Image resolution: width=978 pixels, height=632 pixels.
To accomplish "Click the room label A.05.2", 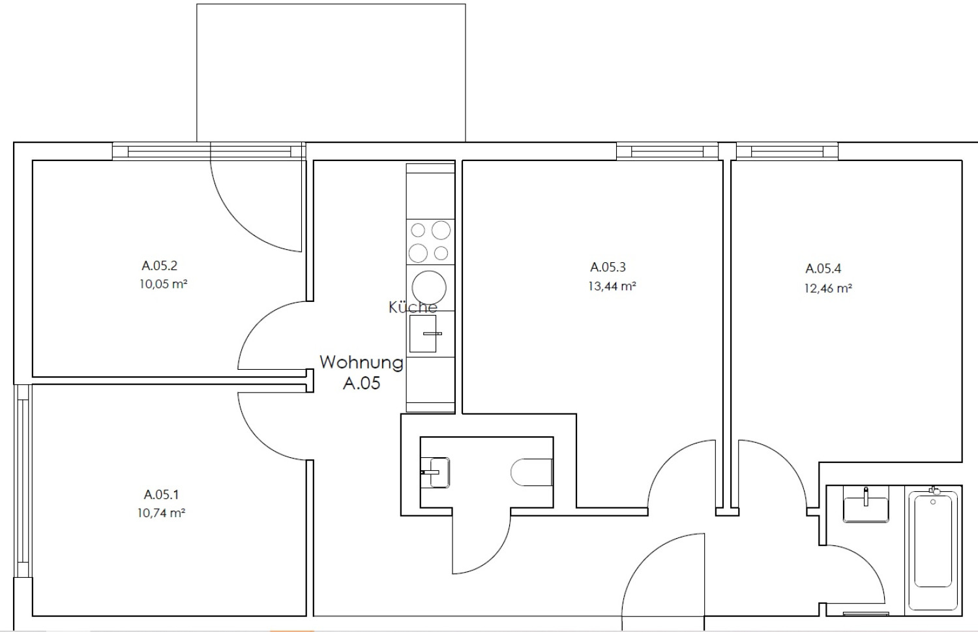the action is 159,265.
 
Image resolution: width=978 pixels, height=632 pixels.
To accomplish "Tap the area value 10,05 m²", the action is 163,284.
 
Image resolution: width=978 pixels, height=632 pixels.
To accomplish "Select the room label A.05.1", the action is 161,494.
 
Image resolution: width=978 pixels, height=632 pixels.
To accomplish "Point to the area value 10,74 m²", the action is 161,513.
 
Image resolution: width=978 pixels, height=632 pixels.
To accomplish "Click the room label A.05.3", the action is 608,267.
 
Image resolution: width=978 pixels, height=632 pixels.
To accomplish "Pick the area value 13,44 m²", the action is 612,286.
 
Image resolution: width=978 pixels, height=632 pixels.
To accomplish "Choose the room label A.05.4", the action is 823,269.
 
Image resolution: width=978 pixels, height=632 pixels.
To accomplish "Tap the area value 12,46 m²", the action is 828,288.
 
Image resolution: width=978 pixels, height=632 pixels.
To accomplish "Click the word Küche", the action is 413,307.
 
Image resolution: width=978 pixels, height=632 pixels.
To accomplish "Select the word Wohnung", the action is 361,362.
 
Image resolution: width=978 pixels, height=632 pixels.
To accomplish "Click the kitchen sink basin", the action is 422,334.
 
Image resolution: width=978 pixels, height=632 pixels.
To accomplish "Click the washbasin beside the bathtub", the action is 866,507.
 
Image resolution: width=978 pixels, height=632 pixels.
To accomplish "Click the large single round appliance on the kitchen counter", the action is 429,288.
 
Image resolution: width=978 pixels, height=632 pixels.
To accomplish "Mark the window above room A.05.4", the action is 787,151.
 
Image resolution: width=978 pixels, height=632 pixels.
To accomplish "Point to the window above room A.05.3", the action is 667,151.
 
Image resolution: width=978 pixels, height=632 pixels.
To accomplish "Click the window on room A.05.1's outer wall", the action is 23,481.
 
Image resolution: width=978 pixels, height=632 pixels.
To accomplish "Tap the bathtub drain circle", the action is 933,502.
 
